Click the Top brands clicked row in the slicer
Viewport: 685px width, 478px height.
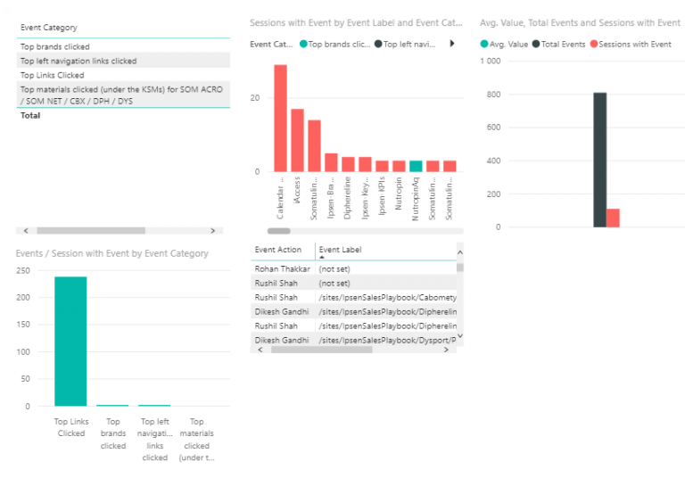point(55,46)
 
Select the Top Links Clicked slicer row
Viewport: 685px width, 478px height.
point(52,76)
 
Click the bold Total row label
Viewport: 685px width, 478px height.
point(30,115)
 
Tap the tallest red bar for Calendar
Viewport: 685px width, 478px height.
point(280,118)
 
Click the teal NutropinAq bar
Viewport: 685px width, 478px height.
point(416,166)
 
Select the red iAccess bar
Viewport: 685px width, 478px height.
point(297,140)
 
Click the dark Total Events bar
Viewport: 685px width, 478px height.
point(599,160)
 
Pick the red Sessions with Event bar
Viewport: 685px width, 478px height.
point(613,218)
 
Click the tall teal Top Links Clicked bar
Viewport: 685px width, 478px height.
point(70,342)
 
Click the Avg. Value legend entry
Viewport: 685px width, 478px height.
point(507,44)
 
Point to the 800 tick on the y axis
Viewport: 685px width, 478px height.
point(491,95)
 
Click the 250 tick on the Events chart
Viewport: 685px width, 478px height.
point(23,271)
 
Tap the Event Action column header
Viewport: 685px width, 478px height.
point(278,250)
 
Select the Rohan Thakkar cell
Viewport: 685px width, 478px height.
point(283,268)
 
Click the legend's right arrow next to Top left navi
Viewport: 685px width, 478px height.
point(452,44)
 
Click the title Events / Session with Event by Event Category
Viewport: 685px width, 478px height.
point(112,253)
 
